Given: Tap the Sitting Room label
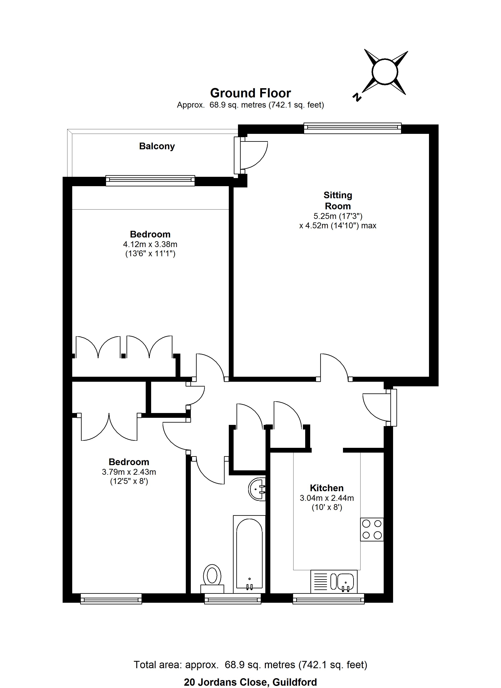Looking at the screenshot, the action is click(x=338, y=201).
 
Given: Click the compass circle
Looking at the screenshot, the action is click(x=385, y=71).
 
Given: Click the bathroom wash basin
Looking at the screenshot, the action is click(x=257, y=489).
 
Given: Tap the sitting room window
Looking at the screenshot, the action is click(x=352, y=128).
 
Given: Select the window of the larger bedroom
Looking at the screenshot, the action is click(x=150, y=181).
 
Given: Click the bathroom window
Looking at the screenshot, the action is click(x=233, y=599).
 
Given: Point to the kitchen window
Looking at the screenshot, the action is click(x=328, y=599).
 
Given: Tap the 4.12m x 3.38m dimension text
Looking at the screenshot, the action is click(x=150, y=244).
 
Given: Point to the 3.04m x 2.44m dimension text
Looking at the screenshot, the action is click(x=327, y=498).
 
